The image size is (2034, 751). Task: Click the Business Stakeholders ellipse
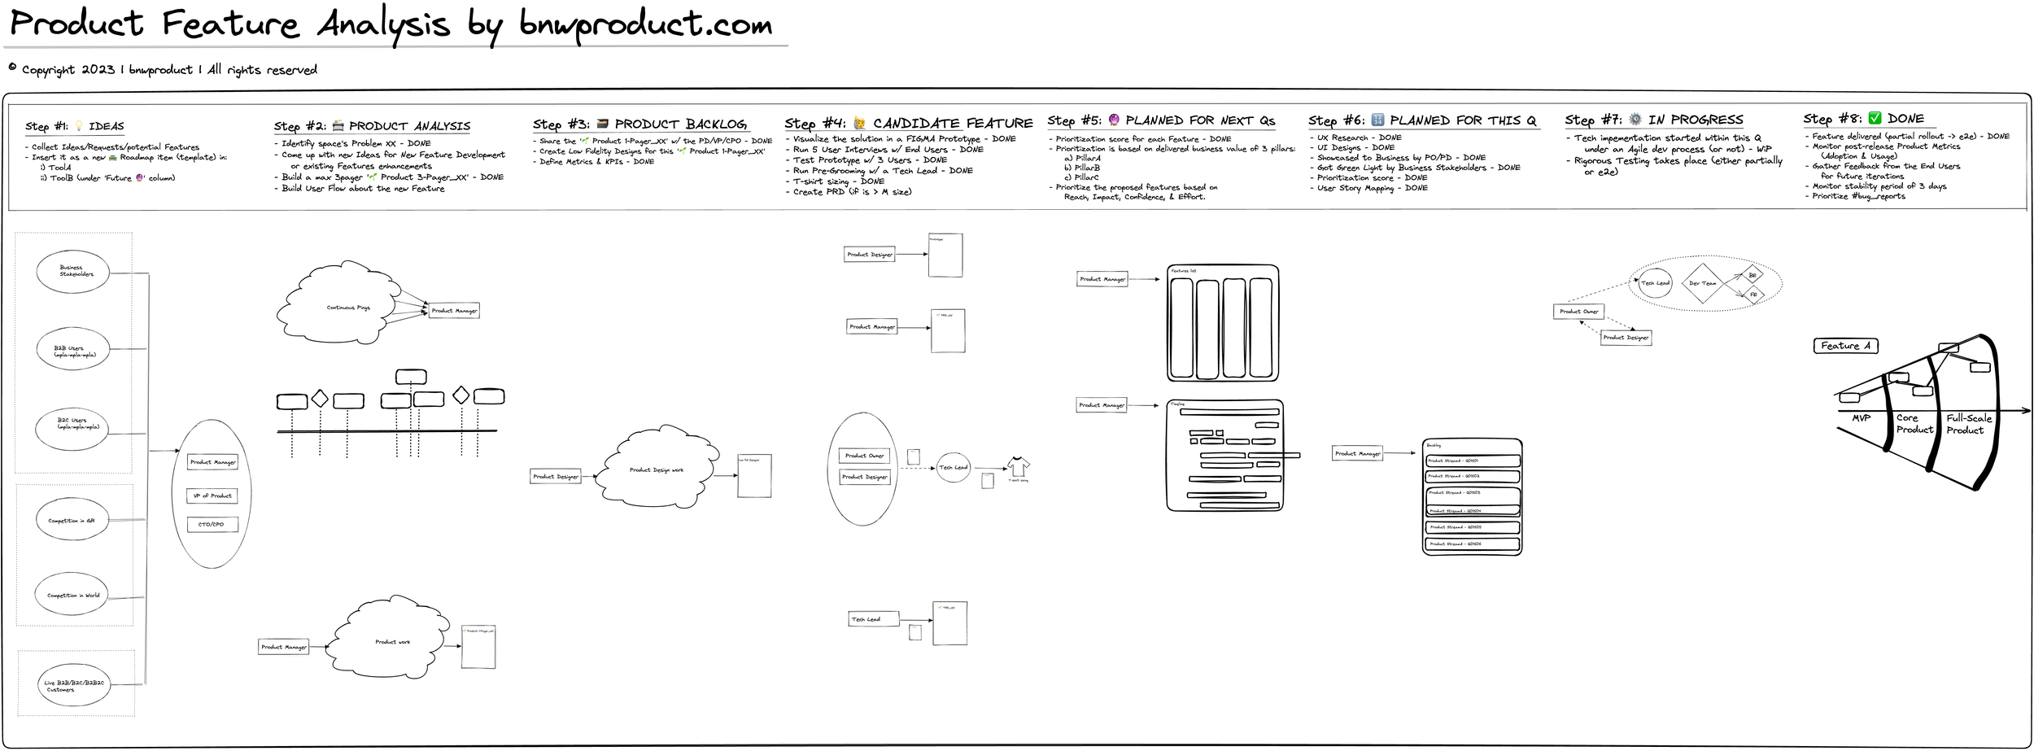pos(72,271)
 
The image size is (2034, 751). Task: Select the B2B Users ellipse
pos(72,350)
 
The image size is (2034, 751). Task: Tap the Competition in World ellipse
pos(72,594)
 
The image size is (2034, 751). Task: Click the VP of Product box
pos(212,496)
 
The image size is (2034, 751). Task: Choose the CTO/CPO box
pos(212,524)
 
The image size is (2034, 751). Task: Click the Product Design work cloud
pos(656,469)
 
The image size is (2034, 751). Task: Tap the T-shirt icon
pos(1018,467)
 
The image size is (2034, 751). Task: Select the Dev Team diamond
pos(1703,283)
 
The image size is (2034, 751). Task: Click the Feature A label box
pos(1845,346)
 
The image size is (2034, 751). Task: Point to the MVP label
pos(1861,417)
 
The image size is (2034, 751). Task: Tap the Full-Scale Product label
pos(1968,424)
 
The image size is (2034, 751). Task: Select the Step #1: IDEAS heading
pos(75,126)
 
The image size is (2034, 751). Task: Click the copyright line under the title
pos(163,70)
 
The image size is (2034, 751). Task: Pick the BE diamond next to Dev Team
pos(1752,275)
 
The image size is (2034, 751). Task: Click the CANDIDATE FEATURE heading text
pos(952,124)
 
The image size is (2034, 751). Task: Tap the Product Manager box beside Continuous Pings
pos(454,311)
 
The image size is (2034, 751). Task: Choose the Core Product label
pos(1914,423)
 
